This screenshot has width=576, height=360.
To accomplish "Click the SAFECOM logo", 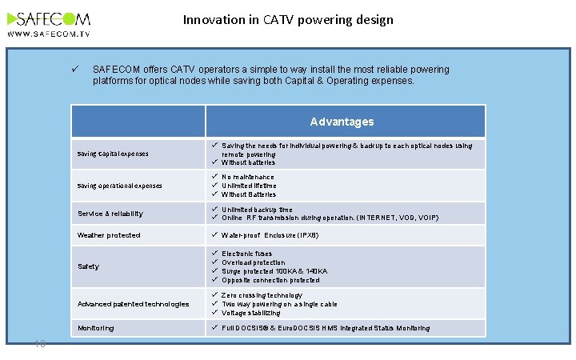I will (x=49, y=18).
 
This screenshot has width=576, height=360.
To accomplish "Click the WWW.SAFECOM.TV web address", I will (x=49, y=34).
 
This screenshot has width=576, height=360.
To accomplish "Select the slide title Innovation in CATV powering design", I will (x=288, y=19).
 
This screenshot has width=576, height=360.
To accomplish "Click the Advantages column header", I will (x=342, y=122).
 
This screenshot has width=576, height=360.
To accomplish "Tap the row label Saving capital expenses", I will (x=113, y=154).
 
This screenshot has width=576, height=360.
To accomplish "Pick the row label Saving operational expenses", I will (x=118, y=186).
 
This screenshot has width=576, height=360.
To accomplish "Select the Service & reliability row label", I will (x=110, y=214).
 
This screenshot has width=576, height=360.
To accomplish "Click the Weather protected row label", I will (x=109, y=235).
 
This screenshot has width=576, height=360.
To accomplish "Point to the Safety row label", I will (x=88, y=266).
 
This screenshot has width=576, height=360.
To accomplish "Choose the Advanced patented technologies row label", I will (x=133, y=304).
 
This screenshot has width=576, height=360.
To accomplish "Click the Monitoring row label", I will (x=95, y=328).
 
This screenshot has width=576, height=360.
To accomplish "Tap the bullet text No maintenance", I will (x=248, y=177).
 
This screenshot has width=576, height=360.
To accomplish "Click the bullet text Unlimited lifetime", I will (x=249, y=186).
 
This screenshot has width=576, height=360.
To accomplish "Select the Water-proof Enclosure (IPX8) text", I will (x=270, y=235).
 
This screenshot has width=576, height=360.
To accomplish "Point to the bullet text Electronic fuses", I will (x=247, y=254).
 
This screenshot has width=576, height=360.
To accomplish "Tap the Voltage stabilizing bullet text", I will (x=251, y=313).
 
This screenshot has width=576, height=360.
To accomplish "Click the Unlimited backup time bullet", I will (x=257, y=209).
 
